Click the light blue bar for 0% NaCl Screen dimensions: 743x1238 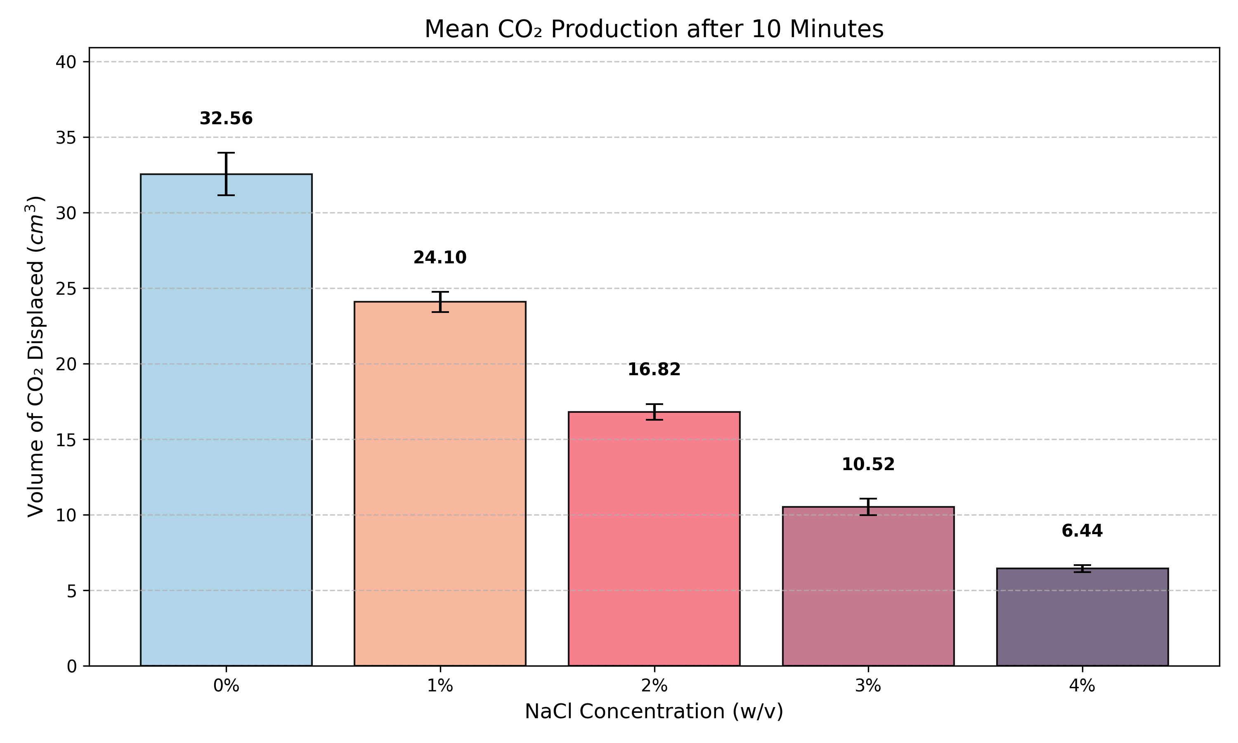226,421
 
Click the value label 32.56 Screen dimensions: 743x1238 226,118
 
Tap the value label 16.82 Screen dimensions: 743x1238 654,369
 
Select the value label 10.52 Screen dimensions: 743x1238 868,465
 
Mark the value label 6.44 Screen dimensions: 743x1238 1082,531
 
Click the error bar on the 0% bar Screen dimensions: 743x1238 226,174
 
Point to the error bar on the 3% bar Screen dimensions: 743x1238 868,506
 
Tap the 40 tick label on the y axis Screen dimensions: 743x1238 66,62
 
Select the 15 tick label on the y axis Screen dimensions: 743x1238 66,440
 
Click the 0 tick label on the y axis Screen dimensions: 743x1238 71,666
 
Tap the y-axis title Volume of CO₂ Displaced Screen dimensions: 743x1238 35,357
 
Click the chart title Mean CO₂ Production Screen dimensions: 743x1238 654,29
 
